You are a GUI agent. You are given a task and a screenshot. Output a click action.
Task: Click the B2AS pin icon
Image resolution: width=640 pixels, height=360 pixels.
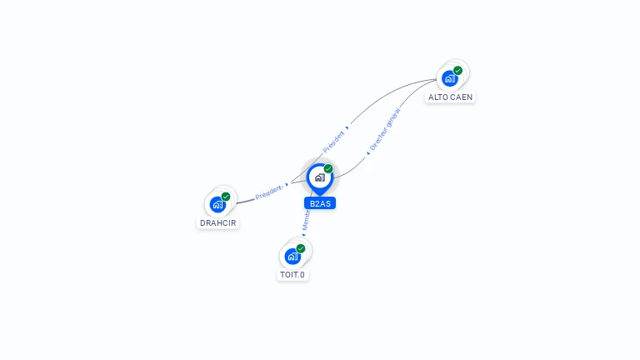tap(319, 177)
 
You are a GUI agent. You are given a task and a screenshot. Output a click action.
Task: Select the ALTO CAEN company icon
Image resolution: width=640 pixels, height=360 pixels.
tap(450, 78)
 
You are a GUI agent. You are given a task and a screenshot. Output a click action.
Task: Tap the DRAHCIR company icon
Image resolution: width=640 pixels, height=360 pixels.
tap(217, 204)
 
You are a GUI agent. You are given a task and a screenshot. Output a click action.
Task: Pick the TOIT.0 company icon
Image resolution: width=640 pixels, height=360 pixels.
tap(292, 256)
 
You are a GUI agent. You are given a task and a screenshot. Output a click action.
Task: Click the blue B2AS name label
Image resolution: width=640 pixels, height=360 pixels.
tap(320, 203)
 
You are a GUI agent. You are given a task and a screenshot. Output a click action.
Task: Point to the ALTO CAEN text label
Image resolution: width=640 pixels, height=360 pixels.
tap(450, 97)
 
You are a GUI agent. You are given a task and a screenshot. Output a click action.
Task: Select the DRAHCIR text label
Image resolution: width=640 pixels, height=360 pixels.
tap(218, 223)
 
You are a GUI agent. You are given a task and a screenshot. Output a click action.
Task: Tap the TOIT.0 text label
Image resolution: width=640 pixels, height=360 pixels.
tap(292, 274)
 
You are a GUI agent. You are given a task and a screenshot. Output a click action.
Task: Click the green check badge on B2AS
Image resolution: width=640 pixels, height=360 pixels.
tap(328, 169)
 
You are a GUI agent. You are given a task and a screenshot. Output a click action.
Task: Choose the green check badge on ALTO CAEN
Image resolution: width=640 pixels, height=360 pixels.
tap(457, 71)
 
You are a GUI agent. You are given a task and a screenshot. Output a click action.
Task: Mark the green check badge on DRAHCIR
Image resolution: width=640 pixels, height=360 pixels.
tap(226, 197)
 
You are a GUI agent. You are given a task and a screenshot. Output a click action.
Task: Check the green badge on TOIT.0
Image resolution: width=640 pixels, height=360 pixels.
tap(301, 248)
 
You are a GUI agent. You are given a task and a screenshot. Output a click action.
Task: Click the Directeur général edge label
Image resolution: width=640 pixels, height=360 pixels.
tap(385, 130)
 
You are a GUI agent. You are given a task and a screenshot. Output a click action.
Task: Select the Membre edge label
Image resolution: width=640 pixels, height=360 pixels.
tap(307, 219)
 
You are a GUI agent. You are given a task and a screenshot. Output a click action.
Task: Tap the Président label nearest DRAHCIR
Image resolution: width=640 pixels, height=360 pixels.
tap(268, 192)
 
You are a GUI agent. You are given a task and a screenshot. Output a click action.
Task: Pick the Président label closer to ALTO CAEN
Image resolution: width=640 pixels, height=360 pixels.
tap(333, 140)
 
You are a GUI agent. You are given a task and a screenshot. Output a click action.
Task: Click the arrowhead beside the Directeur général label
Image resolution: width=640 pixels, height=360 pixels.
tap(367, 153)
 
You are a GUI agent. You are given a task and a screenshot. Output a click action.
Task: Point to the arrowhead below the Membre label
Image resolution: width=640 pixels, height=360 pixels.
tap(303, 235)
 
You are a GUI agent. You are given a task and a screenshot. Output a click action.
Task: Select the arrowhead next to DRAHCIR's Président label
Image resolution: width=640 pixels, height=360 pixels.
tap(287, 185)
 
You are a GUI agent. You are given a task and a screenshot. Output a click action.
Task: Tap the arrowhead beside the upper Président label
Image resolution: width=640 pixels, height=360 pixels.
tap(347, 127)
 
